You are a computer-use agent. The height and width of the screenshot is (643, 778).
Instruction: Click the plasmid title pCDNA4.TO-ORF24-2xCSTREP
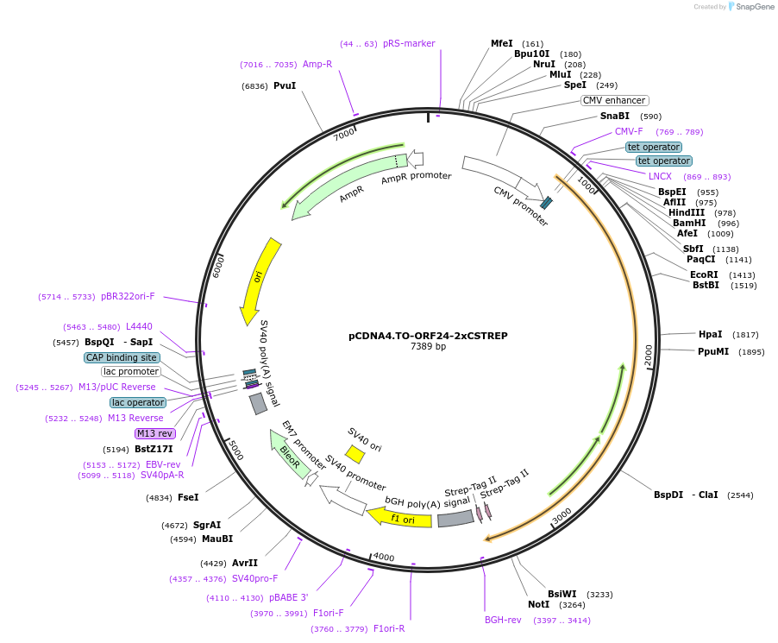click(428, 335)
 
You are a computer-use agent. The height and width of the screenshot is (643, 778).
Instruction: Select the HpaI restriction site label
click(710, 334)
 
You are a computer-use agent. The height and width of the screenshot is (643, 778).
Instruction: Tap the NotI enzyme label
click(538, 604)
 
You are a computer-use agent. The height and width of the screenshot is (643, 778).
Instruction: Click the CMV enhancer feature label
click(613, 100)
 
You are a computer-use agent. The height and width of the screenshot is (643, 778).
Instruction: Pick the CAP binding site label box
click(122, 357)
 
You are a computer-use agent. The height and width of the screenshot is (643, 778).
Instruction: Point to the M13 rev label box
click(154, 433)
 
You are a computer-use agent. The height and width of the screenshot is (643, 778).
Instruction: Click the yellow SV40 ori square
click(354, 453)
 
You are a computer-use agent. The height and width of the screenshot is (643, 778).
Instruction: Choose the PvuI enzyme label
click(285, 85)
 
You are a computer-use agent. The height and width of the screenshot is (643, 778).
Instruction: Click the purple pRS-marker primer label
click(409, 43)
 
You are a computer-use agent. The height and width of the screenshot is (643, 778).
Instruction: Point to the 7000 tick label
click(344, 134)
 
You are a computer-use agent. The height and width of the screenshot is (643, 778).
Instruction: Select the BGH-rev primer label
click(503, 620)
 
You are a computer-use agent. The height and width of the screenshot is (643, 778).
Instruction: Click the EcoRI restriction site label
click(704, 274)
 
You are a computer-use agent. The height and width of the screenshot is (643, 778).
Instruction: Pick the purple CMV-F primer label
click(629, 131)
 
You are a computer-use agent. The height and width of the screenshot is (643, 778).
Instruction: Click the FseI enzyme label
click(188, 497)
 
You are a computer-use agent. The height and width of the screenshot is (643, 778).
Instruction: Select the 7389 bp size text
click(428, 347)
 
